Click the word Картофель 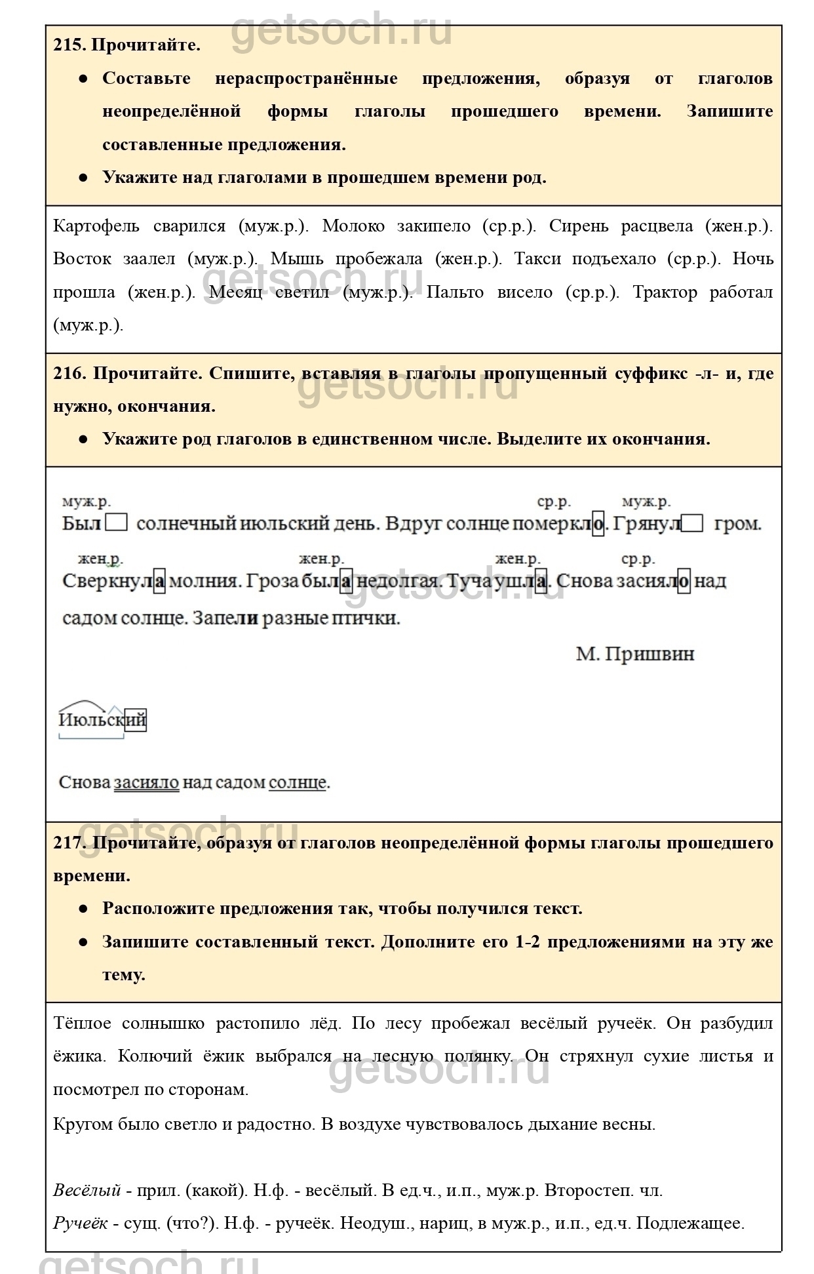click(96, 226)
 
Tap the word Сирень click(572, 226)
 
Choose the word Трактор click(664, 292)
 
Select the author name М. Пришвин click(634, 654)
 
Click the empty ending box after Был click(117, 523)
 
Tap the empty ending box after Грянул click(692, 523)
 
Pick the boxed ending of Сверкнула click(159, 582)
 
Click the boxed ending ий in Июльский click(136, 720)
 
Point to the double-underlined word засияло click(146, 782)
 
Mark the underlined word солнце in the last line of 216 click(298, 782)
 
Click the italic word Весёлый click(87, 1190)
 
